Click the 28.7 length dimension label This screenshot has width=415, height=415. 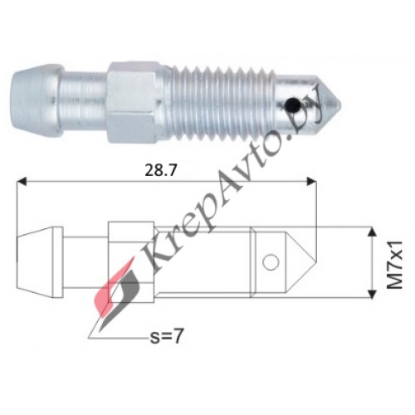point(160,171)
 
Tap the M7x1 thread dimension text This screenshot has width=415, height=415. point(394,265)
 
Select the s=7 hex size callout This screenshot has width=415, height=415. point(166,336)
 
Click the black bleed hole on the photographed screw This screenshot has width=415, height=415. point(292,105)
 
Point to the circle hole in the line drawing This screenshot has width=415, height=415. point(271,263)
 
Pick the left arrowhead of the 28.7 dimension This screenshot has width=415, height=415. point(22,182)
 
